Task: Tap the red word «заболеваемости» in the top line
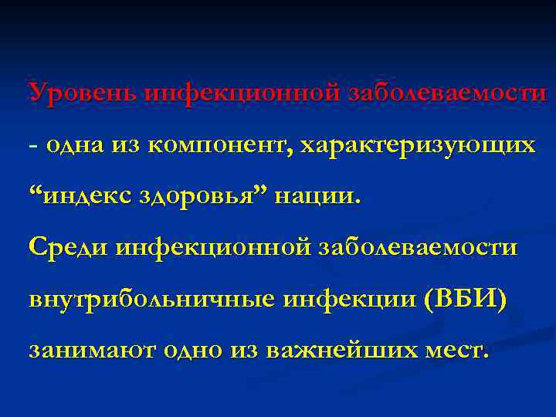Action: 447,93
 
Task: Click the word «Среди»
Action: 69,246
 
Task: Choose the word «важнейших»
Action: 341,350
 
